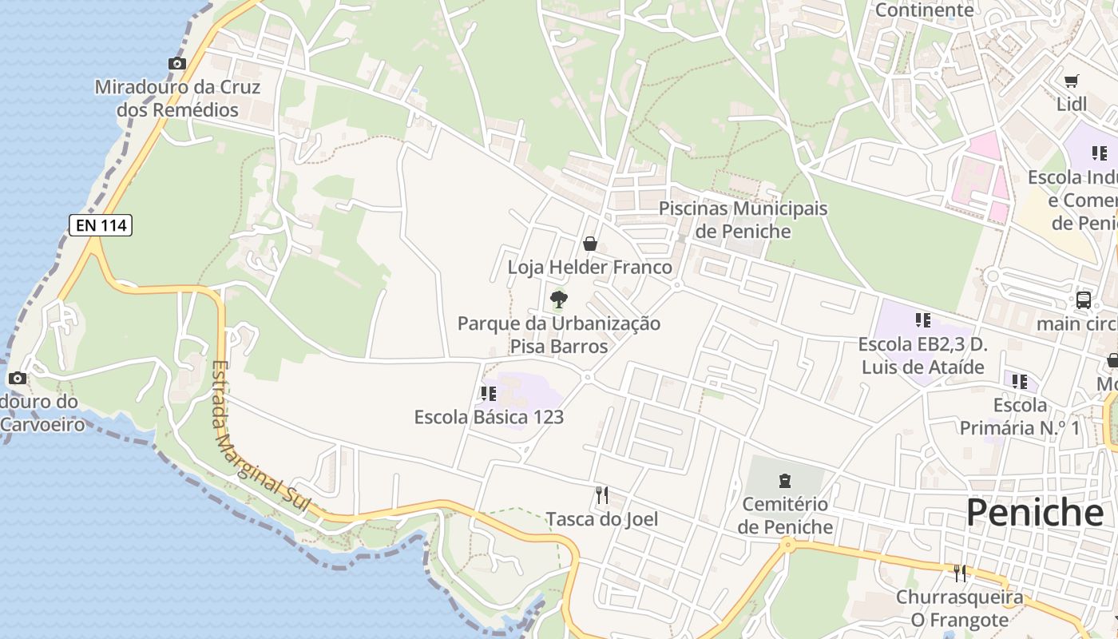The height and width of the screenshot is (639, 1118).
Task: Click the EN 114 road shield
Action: (x=101, y=225)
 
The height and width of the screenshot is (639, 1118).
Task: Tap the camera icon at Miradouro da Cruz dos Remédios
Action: (x=177, y=64)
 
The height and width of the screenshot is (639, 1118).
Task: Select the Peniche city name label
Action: (x=1035, y=513)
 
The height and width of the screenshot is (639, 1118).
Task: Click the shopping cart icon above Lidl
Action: (x=1072, y=81)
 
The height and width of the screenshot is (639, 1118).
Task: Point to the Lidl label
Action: (x=1072, y=104)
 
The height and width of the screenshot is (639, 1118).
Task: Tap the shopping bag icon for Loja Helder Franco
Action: (x=590, y=244)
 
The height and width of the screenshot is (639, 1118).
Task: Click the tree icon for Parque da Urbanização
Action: (x=559, y=300)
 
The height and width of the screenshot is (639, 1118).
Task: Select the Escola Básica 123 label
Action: (x=489, y=417)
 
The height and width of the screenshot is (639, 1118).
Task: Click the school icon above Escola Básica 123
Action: (x=489, y=393)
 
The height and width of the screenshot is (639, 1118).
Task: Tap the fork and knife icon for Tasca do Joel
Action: (x=602, y=495)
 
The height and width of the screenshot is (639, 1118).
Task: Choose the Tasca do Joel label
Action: (x=602, y=519)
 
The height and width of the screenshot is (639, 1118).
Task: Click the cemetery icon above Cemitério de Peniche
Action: (x=784, y=480)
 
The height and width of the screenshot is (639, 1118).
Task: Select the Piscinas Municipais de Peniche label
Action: (x=743, y=220)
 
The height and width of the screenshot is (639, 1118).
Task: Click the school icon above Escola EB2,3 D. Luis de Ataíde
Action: (x=923, y=320)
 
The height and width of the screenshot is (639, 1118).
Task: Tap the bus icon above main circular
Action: (x=1084, y=300)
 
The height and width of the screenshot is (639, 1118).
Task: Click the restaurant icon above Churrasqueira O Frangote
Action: (x=960, y=573)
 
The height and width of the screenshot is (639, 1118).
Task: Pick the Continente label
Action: (x=925, y=10)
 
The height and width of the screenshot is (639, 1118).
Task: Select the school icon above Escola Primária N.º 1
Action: (x=1020, y=382)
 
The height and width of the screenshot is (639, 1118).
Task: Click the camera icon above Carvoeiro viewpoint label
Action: (x=18, y=379)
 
